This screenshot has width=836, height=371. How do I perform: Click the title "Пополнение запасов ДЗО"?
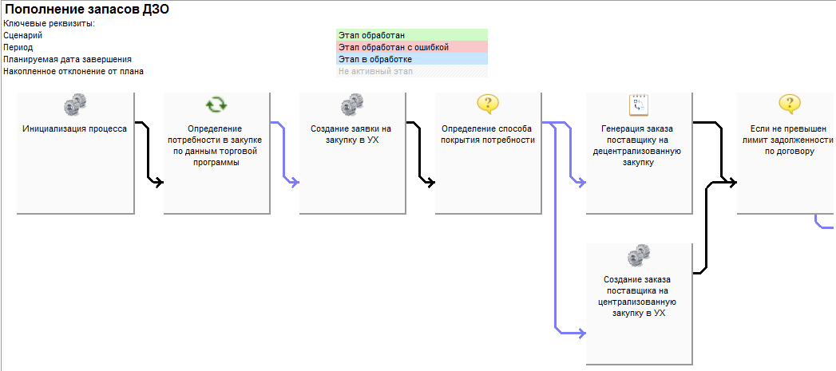[87, 9]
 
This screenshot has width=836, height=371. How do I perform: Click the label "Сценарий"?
[22, 35]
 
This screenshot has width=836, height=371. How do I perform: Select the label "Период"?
[18, 47]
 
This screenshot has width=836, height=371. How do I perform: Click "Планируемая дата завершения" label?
[67, 59]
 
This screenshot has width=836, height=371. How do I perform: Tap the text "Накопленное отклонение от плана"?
[73, 71]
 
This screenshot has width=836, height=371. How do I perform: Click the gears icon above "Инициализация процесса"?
[75, 104]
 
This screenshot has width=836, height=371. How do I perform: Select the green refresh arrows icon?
[216, 105]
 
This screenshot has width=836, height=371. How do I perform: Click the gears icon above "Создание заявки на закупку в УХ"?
[352, 104]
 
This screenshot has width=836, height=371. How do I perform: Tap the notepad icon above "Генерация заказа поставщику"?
[639, 105]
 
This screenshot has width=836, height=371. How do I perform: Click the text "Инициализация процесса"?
[74, 128]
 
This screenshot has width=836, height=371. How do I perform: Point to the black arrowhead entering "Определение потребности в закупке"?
[160, 182]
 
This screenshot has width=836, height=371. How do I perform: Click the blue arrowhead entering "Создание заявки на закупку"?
[295, 182]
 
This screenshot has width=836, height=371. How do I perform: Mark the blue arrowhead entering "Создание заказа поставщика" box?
[581, 334]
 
